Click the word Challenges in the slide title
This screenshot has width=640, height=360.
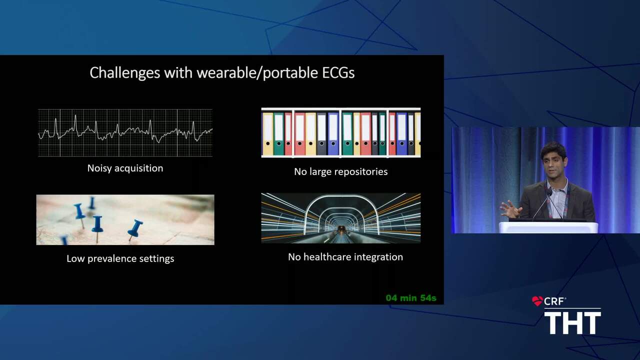125,73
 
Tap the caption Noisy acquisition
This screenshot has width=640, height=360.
125,168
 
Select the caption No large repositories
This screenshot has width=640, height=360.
341,171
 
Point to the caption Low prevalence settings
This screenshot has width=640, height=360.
120,258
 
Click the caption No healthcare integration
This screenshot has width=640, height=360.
345,257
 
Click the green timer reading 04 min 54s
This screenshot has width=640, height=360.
411,298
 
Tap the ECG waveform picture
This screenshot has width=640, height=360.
125,132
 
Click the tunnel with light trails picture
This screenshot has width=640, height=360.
341,218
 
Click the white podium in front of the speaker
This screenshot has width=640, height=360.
548,227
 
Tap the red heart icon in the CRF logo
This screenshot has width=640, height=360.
537,301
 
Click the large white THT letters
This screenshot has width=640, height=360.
572,323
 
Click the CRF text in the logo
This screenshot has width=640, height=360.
554,301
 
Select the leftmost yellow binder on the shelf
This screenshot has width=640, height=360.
267,133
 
